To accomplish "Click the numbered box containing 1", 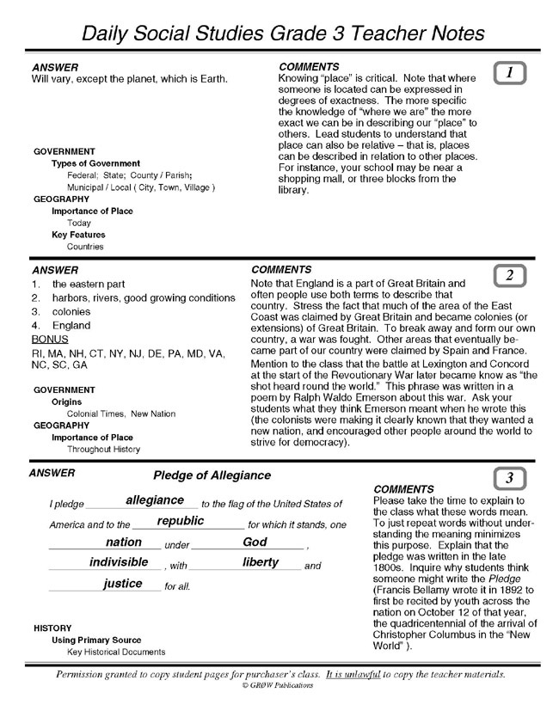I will [511, 74].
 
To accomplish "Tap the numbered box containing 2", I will [510, 275].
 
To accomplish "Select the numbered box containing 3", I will [510, 478].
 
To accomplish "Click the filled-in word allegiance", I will [155, 500].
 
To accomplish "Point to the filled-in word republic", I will [181, 521].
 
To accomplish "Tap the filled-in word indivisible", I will [119, 562].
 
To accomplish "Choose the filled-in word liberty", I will [261, 562].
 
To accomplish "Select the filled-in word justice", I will [123, 584].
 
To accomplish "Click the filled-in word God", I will [255, 542].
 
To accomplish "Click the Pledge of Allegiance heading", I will [212, 475].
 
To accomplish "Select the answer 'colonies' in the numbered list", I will [71, 312].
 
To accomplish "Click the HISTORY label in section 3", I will [52, 628].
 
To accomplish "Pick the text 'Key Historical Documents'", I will [116, 652].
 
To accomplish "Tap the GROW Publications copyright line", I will [278, 686].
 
